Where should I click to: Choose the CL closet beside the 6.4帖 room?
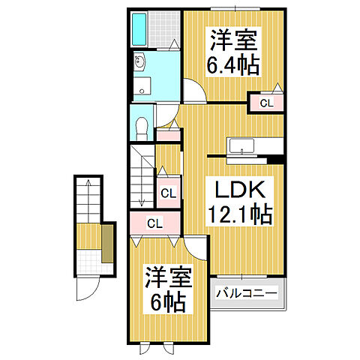click(266, 102)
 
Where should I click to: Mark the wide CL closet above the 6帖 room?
click(154, 223)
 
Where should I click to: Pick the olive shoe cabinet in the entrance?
click(108, 244)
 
